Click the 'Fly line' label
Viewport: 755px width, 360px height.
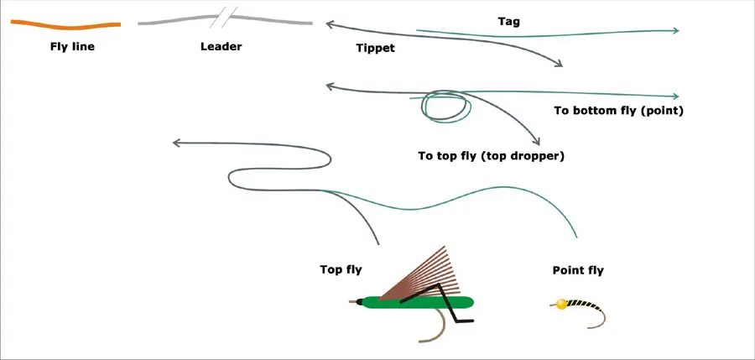pyautogui.click(x=72, y=47)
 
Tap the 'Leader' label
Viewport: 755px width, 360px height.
pyautogui.click(x=221, y=46)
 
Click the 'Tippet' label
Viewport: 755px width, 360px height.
pyautogui.click(x=375, y=49)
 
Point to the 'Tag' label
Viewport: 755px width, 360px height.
pyautogui.click(x=508, y=22)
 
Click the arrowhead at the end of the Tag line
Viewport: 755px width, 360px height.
pyautogui.click(x=674, y=31)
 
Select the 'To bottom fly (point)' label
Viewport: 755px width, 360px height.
pyautogui.click(x=618, y=111)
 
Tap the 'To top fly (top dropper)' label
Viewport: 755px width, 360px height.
pyautogui.click(x=491, y=155)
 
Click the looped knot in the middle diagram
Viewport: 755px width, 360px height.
pyautogui.click(x=445, y=107)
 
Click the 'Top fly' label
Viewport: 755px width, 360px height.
pyautogui.click(x=341, y=269)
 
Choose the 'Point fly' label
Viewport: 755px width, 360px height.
pyautogui.click(x=578, y=270)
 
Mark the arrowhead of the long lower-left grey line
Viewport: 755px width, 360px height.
pyautogui.click(x=176, y=143)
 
